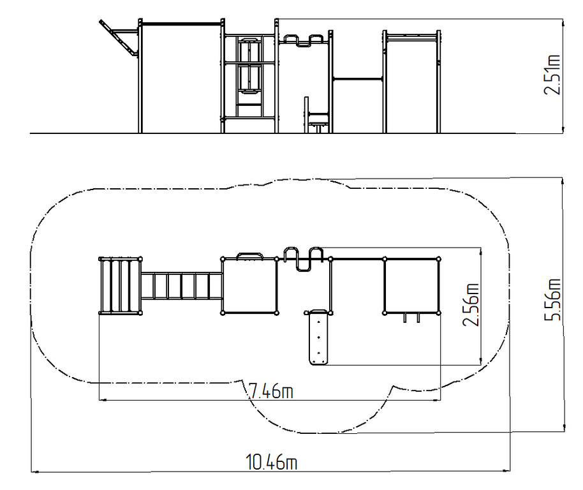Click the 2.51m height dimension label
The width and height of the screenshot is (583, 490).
[552, 75]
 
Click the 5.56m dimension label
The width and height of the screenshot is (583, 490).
[552, 299]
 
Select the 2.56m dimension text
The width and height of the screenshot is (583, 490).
[471, 305]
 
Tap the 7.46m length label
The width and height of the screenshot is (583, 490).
[271, 391]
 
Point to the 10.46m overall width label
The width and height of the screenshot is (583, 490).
[272, 462]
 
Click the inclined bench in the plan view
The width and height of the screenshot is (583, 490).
[319, 337]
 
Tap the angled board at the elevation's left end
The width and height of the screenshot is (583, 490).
[118, 38]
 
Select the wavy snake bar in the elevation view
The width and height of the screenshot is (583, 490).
[304, 41]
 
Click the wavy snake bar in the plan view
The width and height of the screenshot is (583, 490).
[304, 259]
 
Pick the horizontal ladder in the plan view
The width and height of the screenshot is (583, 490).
[182, 286]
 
